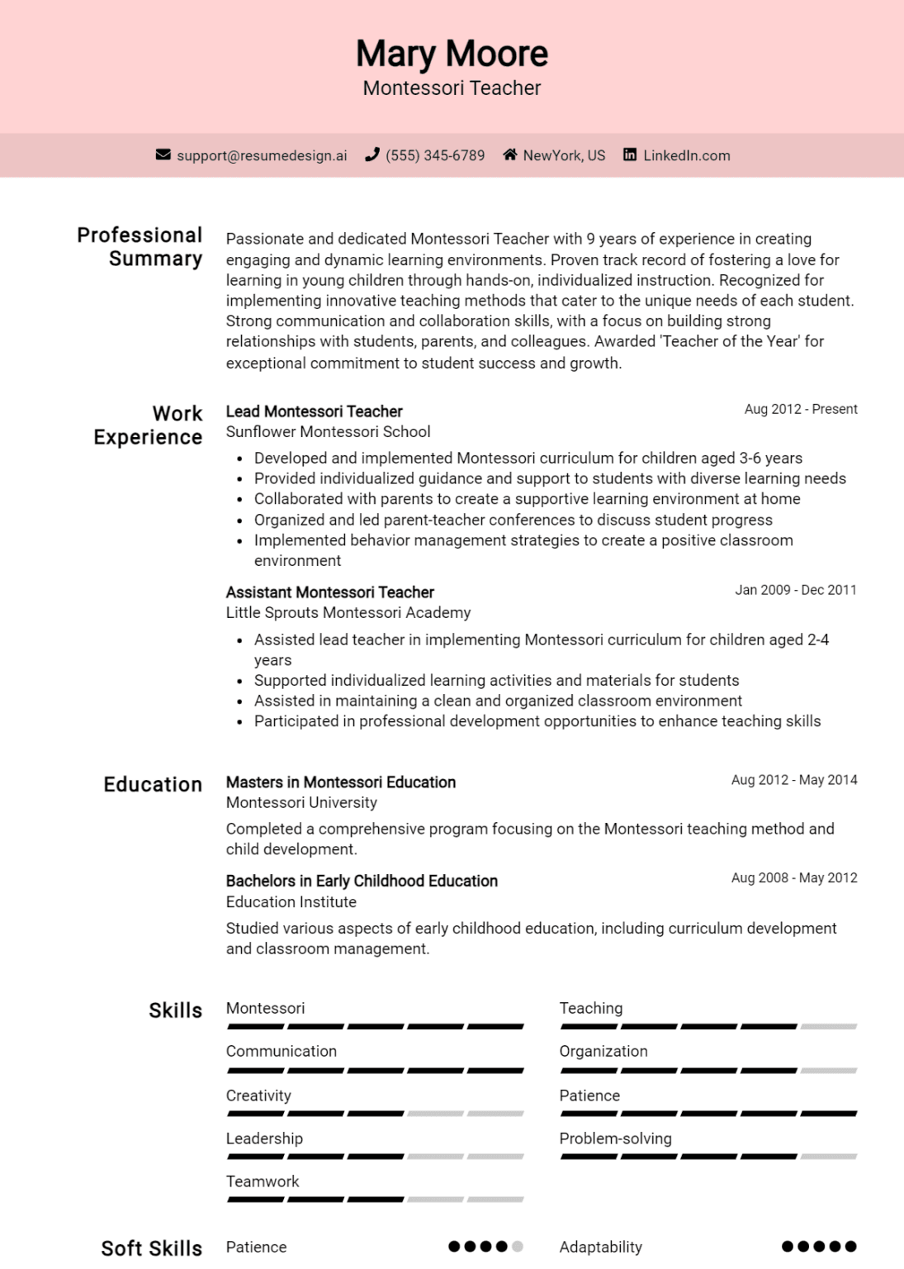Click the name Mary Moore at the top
pyautogui.click(x=452, y=54)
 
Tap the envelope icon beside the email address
pyautogui.click(x=163, y=154)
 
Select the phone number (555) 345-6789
pyautogui.click(x=435, y=155)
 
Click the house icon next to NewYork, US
pyautogui.click(x=510, y=154)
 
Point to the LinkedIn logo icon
pyautogui.click(x=630, y=154)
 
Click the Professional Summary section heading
pyautogui.click(x=140, y=247)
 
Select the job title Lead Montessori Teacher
pyautogui.click(x=314, y=411)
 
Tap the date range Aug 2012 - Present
pyautogui.click(x=800, y=409)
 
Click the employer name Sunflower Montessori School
pyautogui.click(x=328, y=432)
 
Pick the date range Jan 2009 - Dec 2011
pyautogui.click(x=795, y=590)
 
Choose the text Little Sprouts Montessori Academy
pyautogui.click(x=348, y=612)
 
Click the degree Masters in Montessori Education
pyautogui.click(x=340, y=782)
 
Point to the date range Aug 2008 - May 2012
pyautogui.click(x=793, y=877)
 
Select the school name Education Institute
pyautogui.click(x=291, y=902)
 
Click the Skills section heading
pyautogui.click(x=175, y=1010)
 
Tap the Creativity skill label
pyautogui.click(x=258, y=1096)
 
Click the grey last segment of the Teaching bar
pyautogui.click(x=829, y=1026)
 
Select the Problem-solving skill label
pyautogui.click(x=615, y=1138)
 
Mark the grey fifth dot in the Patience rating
pyautogui.click(x=518, y=1246)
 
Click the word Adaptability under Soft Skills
pyautogui.click(x=600, y=1247)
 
